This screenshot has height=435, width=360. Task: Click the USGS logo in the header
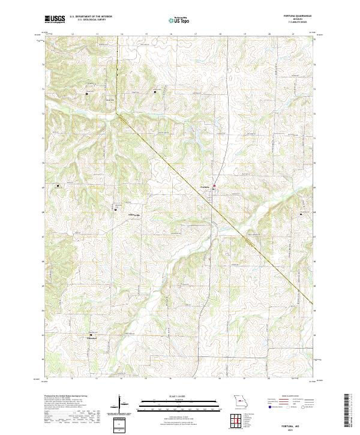[x=55, y=20]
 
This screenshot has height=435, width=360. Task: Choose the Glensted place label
[x=92, y=338]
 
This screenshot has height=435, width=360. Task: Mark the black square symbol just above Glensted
[x=91, y=335]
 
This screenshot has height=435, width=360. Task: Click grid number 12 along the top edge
[x=72, y=34]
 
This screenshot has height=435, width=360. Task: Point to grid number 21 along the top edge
[x=293, y=34]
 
